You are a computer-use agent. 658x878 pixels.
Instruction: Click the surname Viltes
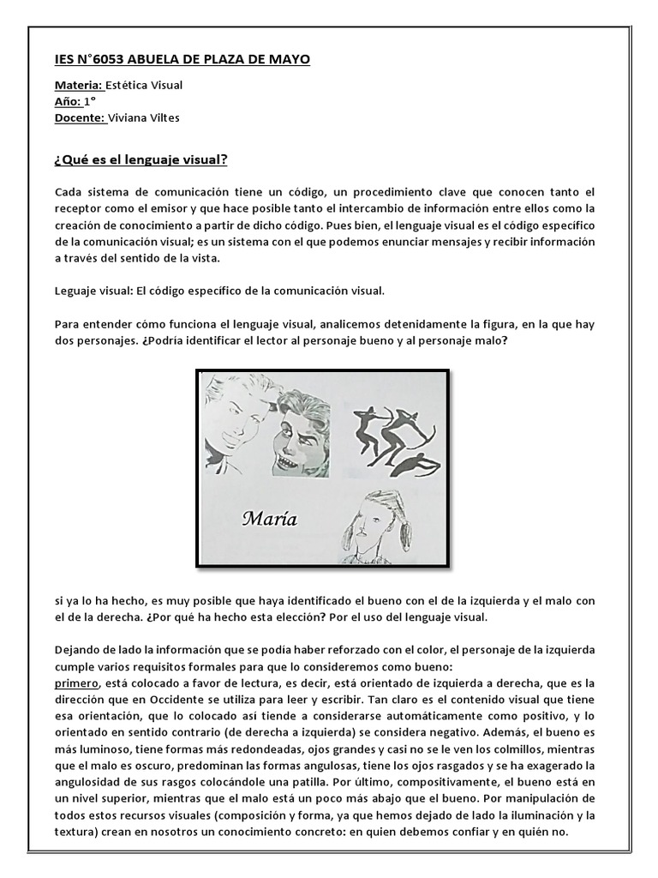pos(164,117)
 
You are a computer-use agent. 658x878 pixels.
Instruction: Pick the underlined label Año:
pos(68,101)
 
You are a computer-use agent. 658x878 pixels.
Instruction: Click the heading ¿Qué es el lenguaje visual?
pos(141,160)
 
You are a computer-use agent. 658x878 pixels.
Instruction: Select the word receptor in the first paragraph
pos(79,208)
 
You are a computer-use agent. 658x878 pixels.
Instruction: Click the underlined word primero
pos(76,683)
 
